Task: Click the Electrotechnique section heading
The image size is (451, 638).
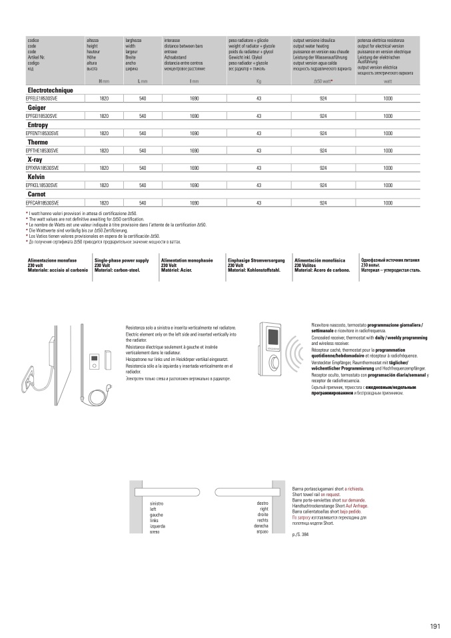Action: tap(50, 90)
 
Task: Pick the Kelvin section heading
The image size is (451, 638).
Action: tap(36, 177)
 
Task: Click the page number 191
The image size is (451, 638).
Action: tap(436, 625)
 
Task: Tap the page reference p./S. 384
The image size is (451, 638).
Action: tap(301, 535)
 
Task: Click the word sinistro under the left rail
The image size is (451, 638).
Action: tap(157, 504)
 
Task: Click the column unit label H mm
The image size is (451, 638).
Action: tap(104, 81)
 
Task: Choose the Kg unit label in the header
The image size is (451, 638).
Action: tap(258, 81)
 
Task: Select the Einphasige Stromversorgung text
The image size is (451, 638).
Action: tap(256, 261)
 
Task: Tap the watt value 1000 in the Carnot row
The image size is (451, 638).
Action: tap(388, 202)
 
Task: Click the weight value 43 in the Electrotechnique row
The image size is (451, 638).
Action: tap(258, 99)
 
